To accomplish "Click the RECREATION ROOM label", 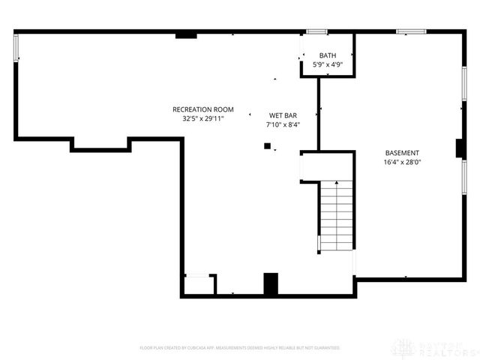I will point(203,109).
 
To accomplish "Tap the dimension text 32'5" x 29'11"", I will point(203,118).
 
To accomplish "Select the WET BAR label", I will point(283,115).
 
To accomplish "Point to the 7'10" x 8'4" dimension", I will point(283,124).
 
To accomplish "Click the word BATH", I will point(328,56).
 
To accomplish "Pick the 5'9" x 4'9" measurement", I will point(328,65).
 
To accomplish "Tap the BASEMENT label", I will point(402,152).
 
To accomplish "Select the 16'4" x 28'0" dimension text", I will point(402,161).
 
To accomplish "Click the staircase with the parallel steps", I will point(336,216).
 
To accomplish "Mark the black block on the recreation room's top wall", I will point(186,34).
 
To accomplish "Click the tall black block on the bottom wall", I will point(271,284).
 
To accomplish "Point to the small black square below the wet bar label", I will point(266,147).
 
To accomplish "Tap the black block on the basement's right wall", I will point(460,148).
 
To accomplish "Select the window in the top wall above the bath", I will point(316,31).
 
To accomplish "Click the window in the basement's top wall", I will point(411,31).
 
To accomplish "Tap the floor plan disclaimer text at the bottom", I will point(240,348).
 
